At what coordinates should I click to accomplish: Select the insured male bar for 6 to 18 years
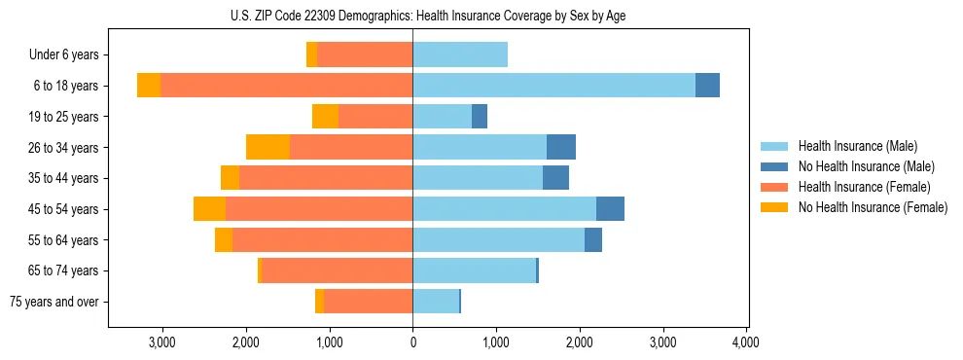(x=553, y=86)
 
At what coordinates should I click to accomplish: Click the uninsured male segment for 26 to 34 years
(x=561, y=147)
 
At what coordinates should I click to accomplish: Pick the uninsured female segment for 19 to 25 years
(x=325, y=117)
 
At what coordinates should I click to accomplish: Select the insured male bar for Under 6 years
(x=460, y=54)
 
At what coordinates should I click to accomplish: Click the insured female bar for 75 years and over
(x=369, y=302)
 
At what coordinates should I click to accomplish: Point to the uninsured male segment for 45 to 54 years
(x=610, y=209)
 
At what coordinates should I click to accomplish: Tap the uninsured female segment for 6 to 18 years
(x=149, y=86)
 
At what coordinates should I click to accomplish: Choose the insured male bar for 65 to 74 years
(x=474, y=270)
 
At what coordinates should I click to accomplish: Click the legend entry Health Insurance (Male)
(x=857, y=146)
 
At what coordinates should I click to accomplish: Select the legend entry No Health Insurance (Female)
(x=873, y=207)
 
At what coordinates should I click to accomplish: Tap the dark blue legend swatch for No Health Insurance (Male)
(x=774, y=166)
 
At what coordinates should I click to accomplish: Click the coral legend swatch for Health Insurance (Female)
(x=774, y=187)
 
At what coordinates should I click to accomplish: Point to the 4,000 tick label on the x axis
(x=746, y=342)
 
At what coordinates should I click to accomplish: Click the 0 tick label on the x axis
(x=412, y=342)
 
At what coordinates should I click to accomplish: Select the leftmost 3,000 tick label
(x=161, y=342)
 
